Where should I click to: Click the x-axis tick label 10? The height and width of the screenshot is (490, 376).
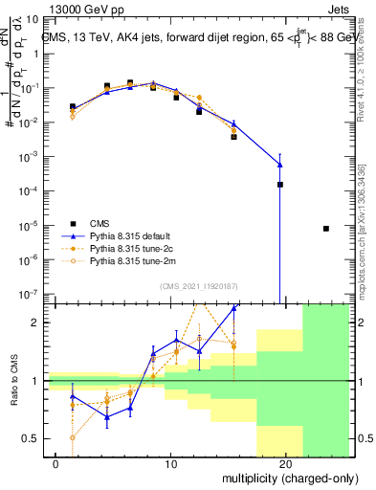point(170,464)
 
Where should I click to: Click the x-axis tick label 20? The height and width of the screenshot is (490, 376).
point(285,464)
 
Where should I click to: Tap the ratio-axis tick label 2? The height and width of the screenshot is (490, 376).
point(44,323)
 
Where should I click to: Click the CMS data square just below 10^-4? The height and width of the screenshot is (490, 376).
point(280,185)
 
